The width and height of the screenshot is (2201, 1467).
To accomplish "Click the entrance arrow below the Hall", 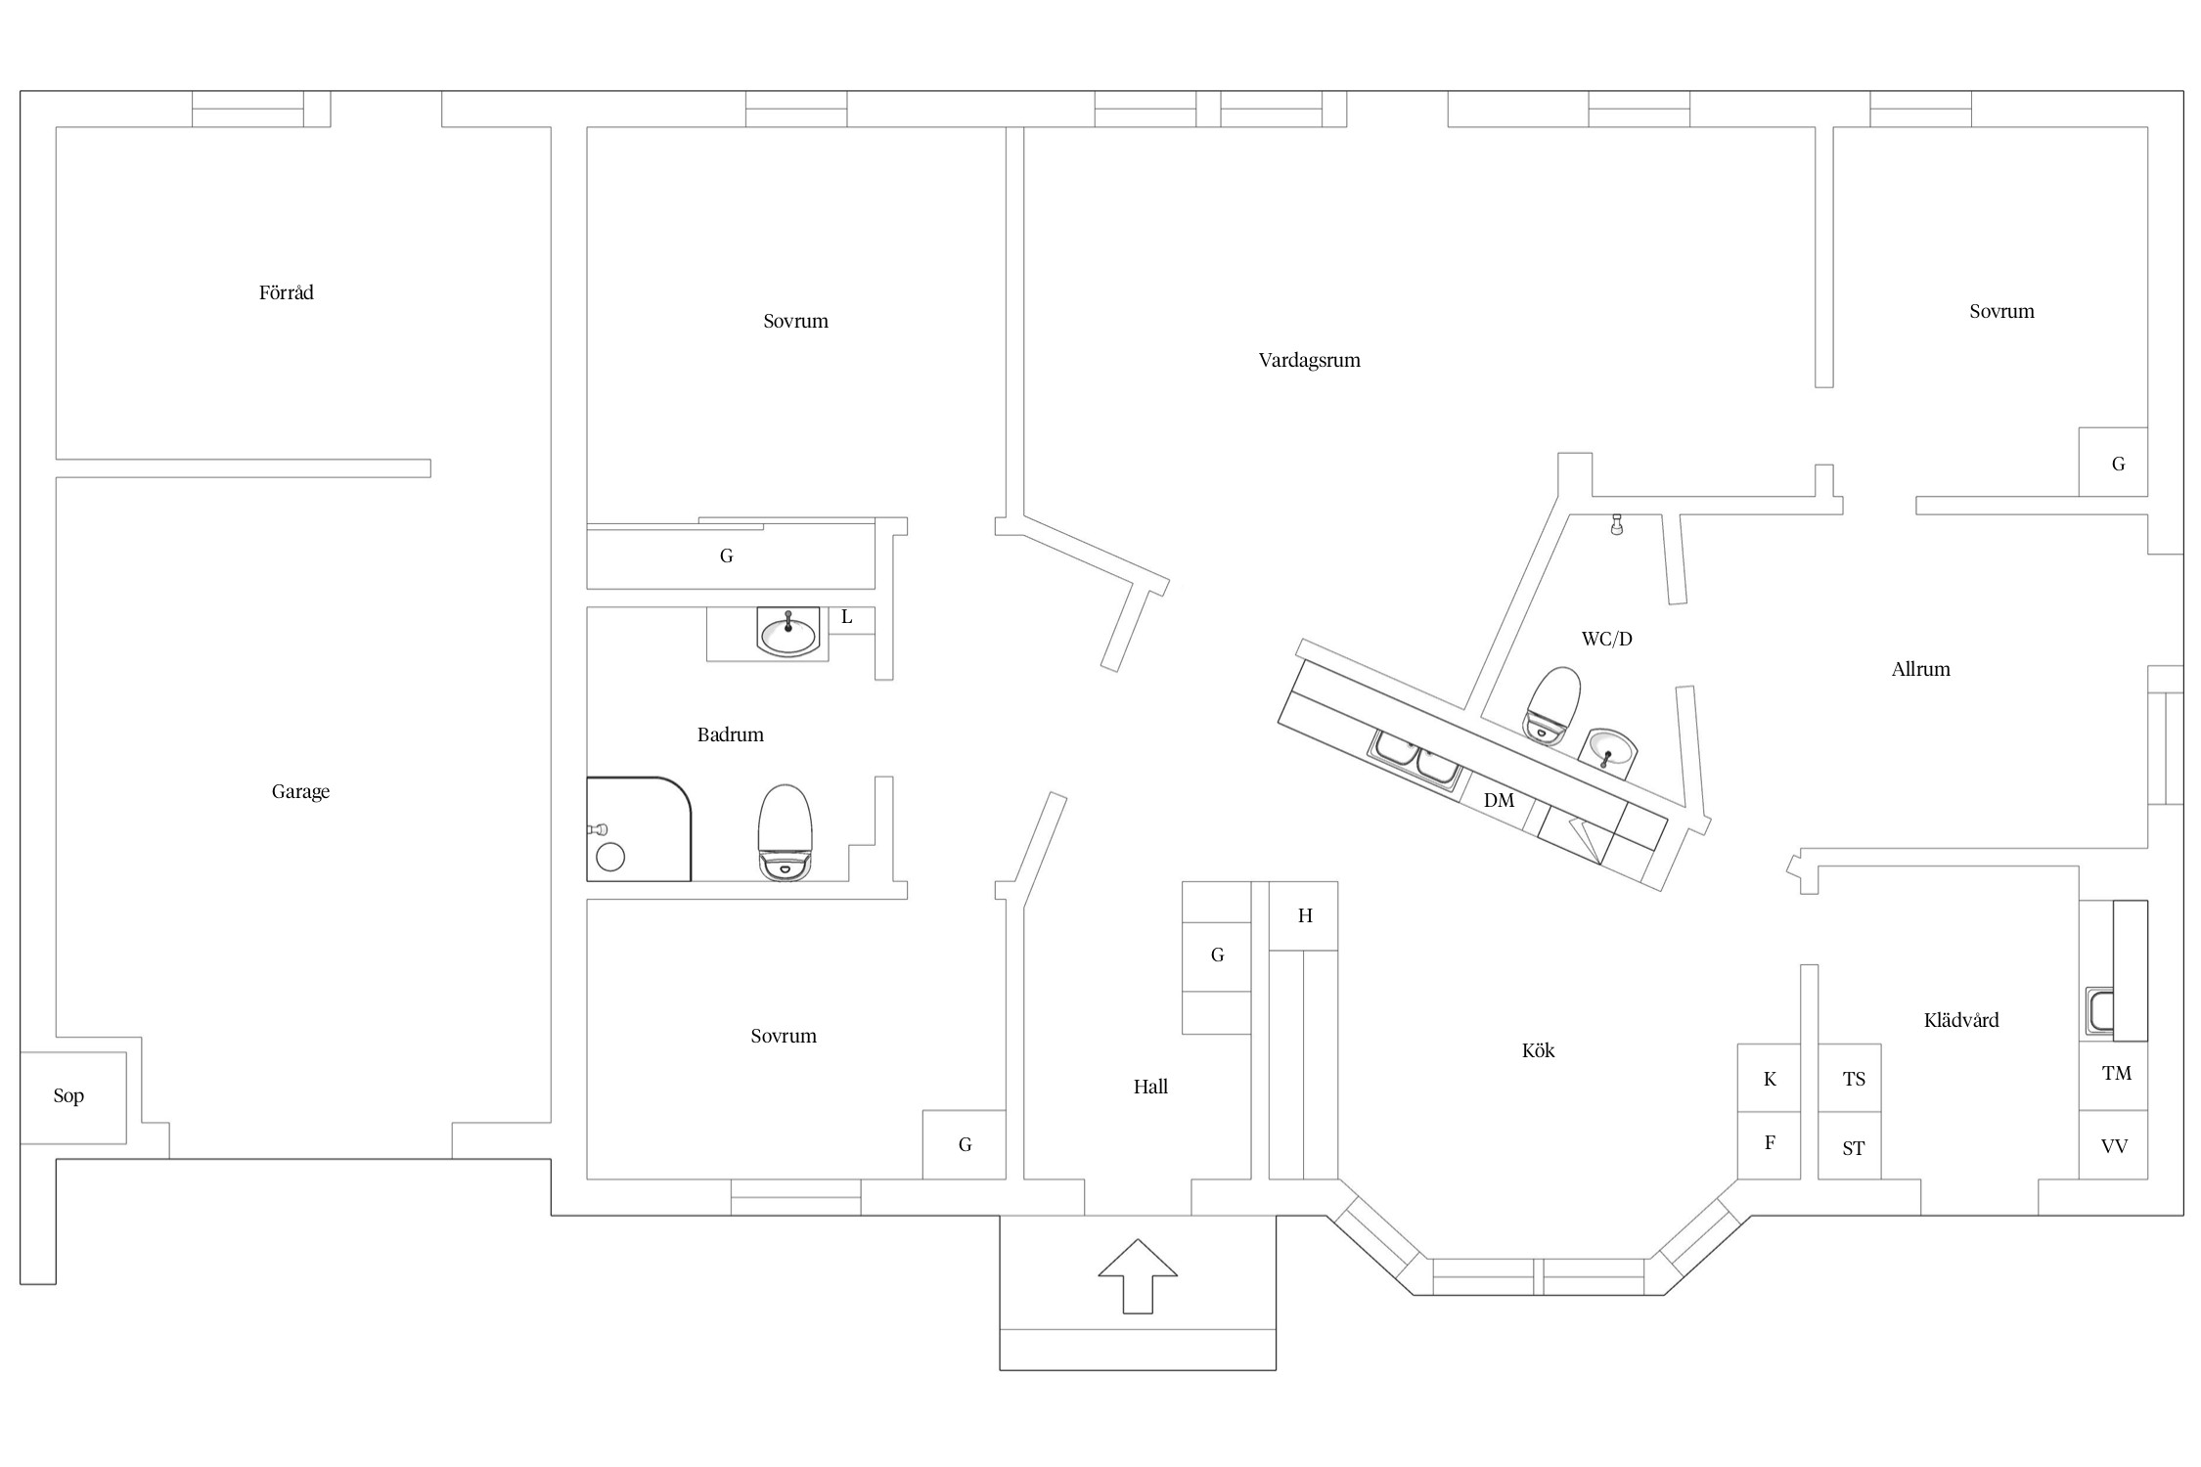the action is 1138,1275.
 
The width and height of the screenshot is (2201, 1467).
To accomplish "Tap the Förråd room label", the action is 287,292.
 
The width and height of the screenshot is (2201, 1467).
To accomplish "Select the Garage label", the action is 300,791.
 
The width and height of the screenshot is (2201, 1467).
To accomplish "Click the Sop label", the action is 68,1095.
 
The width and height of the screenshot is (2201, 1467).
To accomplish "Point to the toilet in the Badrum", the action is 786,832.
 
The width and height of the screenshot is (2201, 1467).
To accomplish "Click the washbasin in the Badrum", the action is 787,631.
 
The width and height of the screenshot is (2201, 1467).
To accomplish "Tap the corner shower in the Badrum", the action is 639,829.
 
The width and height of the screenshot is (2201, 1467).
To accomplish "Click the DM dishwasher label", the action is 1499,800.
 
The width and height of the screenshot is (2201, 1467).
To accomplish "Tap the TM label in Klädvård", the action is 2117,1073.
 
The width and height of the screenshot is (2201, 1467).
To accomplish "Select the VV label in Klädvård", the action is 2115,1145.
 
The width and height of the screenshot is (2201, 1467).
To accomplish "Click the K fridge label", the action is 1770,1079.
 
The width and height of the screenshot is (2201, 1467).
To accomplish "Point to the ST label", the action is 1854,1148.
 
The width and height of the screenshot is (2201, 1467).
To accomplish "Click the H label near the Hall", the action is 1305,915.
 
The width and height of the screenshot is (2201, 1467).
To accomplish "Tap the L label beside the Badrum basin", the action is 847,617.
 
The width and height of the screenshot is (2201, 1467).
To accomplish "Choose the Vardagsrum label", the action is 1310,360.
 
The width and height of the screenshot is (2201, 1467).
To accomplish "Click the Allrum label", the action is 1921,669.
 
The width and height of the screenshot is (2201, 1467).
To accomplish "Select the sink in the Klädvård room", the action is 2099,1010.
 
